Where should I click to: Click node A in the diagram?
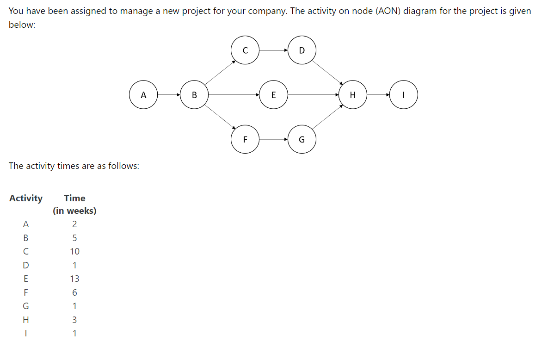(143, 95)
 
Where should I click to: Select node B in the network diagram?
(194, 95)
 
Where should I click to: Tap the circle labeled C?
(245, 50)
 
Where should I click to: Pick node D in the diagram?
(302, 50)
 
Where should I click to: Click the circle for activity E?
(273, 95)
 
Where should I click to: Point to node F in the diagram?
(245, 139)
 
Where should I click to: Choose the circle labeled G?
(302, 139)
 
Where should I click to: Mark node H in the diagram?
(353, 95)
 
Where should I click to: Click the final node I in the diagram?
(404, 95)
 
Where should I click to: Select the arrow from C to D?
(273, 50)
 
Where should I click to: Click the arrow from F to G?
(273, 139)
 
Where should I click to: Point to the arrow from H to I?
(378, 95)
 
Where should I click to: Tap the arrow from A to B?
(169, 95)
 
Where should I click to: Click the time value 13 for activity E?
(74, 279)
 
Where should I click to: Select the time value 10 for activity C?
(74, 251)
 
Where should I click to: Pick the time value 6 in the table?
(74, 292)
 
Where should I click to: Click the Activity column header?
(26, 198)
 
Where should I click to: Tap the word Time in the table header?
(74, 198)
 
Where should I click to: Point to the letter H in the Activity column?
(26, 319)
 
